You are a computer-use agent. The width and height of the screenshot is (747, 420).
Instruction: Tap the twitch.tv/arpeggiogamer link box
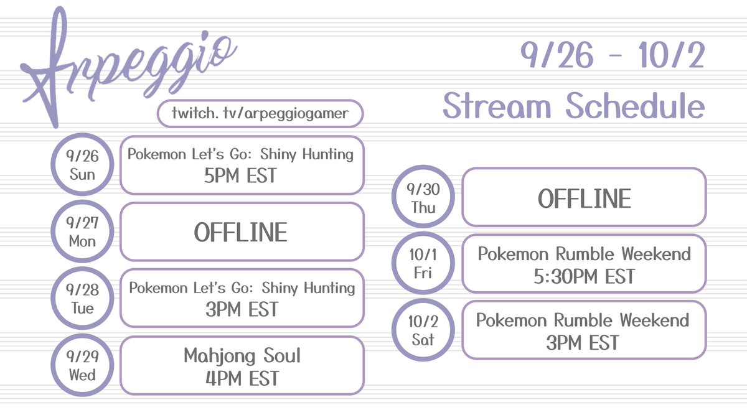click(x=260, y=114)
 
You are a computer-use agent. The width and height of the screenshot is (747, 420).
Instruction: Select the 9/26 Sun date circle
click(x=83, y=165)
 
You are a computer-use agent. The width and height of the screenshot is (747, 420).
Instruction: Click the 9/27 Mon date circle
click(x=83, y=231)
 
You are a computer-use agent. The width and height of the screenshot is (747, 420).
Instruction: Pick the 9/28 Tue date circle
click(x=83, y=298)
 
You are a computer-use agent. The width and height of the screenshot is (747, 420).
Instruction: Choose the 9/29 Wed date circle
click(x=83, y=365)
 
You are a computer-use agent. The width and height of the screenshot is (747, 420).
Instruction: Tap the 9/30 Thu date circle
click(x=423, y=197)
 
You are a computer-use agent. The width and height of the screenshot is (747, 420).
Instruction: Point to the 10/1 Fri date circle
click(x=423, y=264)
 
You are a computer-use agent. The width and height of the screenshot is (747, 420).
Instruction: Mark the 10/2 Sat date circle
click(x=423, y=330)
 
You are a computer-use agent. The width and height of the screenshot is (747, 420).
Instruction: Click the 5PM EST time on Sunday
click(x=241, y=177)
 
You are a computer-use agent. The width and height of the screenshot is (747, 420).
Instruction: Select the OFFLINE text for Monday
click(x=241, y=232)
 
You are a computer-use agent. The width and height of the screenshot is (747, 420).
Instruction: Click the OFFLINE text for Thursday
click(x=584, y=198)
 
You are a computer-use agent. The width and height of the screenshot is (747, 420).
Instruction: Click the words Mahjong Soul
click(x=242, y=356)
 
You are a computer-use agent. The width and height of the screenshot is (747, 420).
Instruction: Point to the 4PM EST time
click(x=242, y=378)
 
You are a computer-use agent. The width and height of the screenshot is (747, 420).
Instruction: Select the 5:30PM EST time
click(x=584, y=276)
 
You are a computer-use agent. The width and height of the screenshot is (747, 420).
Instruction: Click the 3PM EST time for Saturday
click(x=583, y=342)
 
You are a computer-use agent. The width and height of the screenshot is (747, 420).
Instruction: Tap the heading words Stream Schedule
click(x=573, y=106)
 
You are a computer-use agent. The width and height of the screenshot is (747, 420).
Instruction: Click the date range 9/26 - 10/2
click(x=613, y=57)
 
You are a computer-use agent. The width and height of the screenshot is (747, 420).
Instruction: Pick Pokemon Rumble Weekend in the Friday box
click(x=584, y=254)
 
